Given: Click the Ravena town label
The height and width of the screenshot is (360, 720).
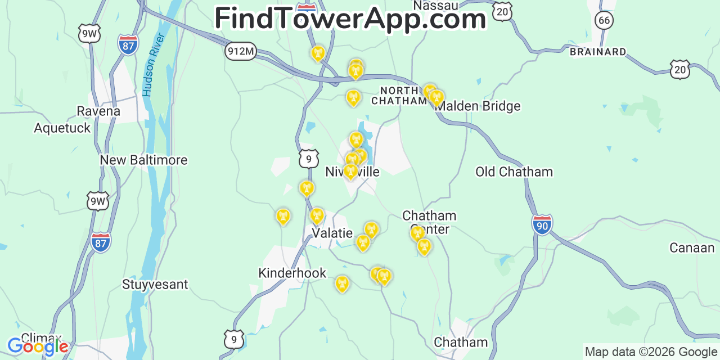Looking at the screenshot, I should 98,111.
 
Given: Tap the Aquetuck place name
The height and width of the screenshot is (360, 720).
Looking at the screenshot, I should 62,128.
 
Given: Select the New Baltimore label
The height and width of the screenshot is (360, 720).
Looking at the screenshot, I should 143,160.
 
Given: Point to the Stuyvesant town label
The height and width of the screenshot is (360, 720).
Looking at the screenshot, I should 155,284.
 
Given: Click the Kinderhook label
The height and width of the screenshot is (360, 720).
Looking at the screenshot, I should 292,273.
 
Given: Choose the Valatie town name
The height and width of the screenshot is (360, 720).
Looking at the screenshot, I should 332,233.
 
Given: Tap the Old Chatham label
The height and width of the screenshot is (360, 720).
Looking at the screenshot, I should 514,172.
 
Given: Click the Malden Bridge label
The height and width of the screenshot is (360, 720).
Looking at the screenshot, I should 478,106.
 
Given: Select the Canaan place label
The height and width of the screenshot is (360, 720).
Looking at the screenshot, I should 691,248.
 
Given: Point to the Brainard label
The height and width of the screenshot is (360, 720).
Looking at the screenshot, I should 598,52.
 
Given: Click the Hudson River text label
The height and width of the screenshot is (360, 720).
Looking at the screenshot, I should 154,64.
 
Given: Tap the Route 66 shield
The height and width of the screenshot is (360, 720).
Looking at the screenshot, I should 604,21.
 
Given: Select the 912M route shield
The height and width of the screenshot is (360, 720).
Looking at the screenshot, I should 241,52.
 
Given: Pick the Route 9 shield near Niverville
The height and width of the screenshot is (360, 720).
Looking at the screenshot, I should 309,159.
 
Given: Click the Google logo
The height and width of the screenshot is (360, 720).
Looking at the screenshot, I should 37,346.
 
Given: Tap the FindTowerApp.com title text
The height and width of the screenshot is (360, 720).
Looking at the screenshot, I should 350,19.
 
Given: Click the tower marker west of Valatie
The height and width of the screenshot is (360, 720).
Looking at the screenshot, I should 283,216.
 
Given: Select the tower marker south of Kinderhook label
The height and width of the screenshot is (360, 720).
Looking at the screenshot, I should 342,283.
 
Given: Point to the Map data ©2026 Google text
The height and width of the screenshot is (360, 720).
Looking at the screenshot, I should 651,352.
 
